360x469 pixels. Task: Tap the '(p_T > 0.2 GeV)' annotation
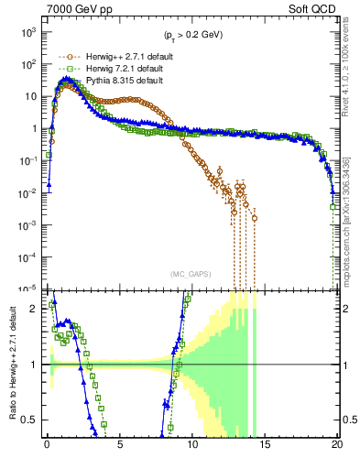coord(191,36)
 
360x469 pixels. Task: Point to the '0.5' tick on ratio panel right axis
coord(349,420)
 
